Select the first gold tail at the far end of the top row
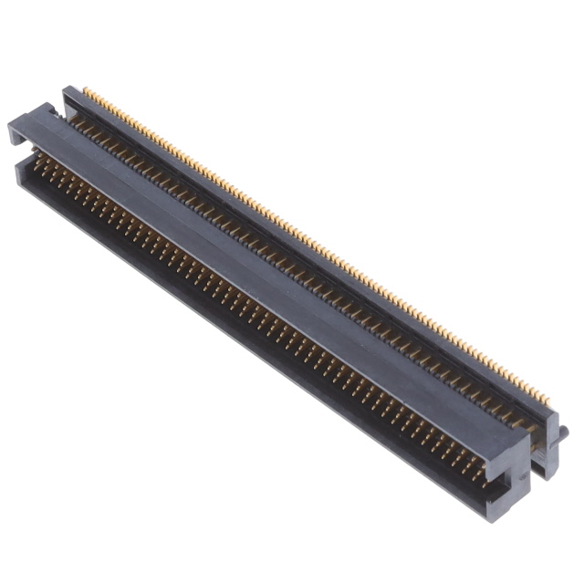pos(86,90)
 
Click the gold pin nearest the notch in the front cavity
pos(478,474)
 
